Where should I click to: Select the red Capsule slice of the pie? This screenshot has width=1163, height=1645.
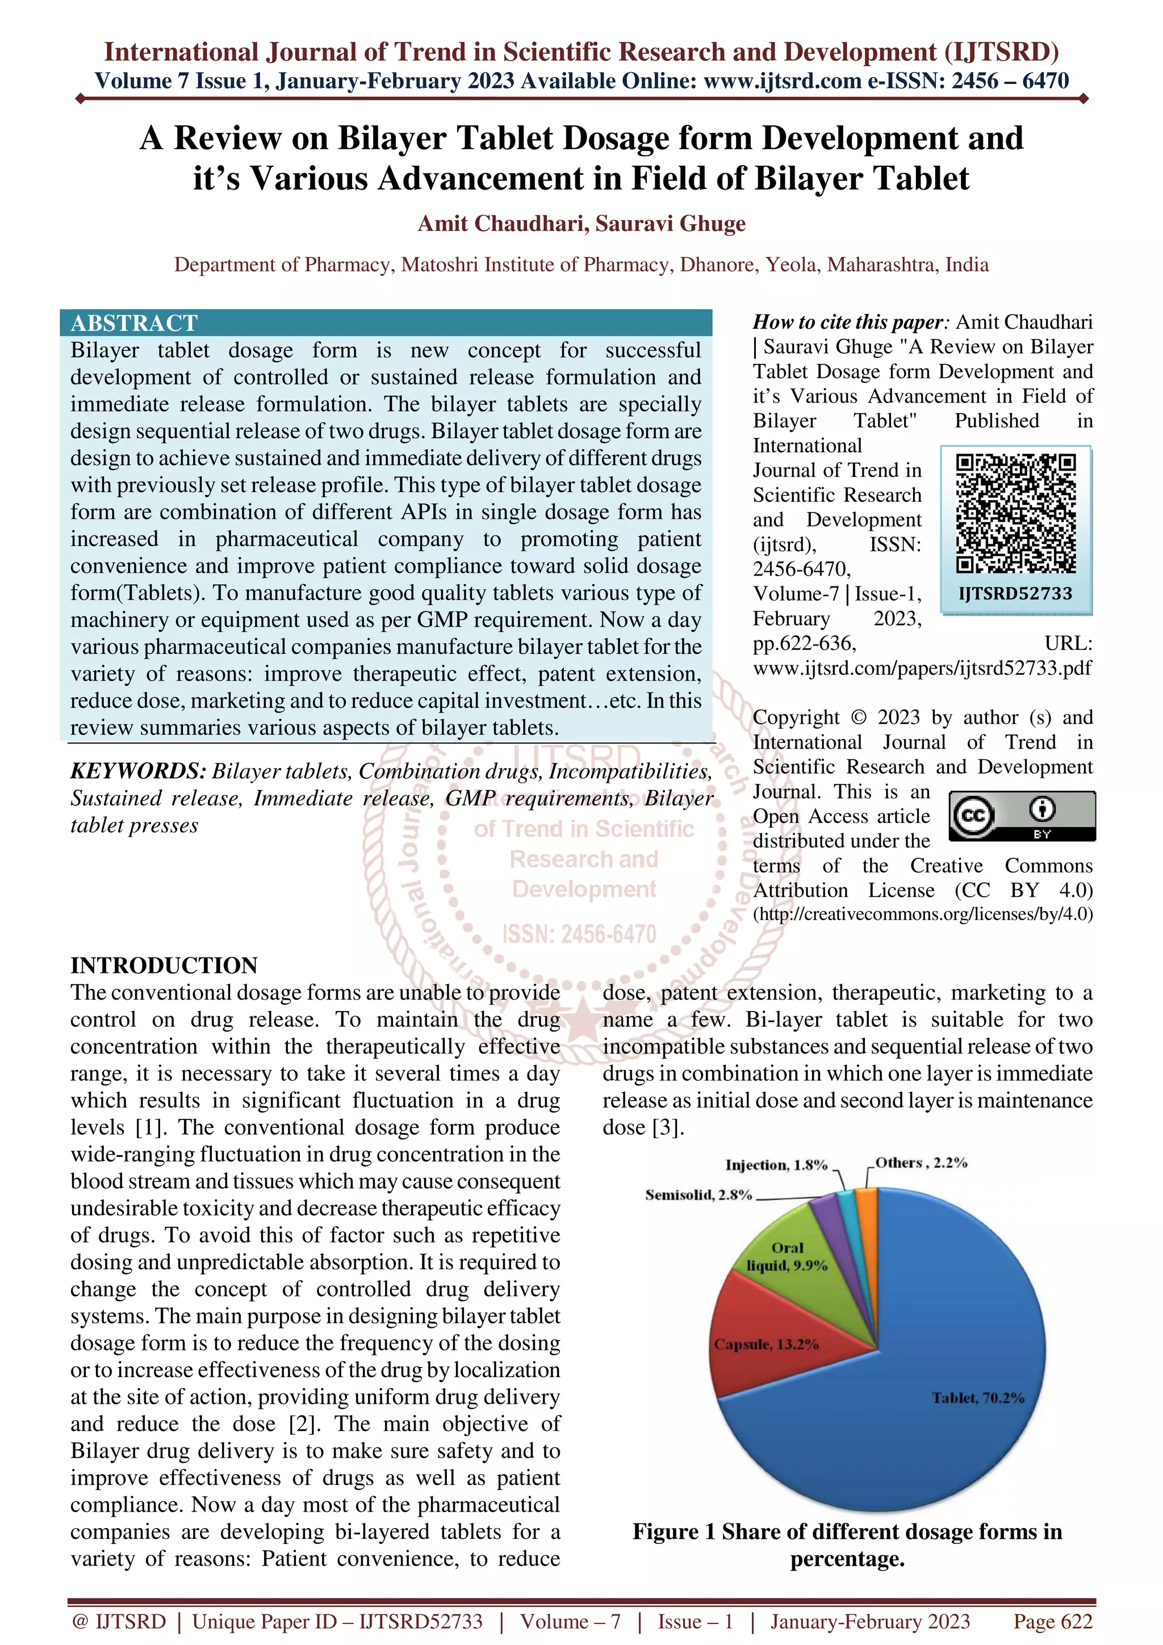(774, 1347)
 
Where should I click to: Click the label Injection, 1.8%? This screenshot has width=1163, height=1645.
(776, 1165)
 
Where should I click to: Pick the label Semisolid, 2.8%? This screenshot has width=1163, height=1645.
(698, 1194)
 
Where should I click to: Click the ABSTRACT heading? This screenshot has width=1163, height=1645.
(134, 323)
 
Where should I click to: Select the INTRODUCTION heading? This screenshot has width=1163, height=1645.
(164, 965)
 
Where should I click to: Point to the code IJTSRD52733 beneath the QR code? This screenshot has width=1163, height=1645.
(1015, 593)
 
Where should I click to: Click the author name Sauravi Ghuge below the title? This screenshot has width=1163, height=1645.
(670, 224)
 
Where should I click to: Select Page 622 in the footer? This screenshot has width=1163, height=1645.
(1052, 1621)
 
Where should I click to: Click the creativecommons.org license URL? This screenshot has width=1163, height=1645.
(922, 914)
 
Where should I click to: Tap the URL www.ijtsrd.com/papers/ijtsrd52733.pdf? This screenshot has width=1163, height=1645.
(922, 668)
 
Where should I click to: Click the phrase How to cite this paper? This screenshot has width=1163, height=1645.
(848, 322)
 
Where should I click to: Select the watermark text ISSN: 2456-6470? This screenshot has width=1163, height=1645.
(579, 934)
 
